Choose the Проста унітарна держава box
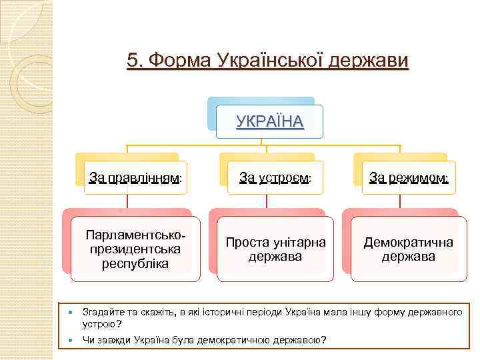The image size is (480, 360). coord(275,249)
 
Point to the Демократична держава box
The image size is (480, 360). coord(408,249)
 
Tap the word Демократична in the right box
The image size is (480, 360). coord(408,242)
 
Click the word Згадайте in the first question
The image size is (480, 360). coord(101,312)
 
